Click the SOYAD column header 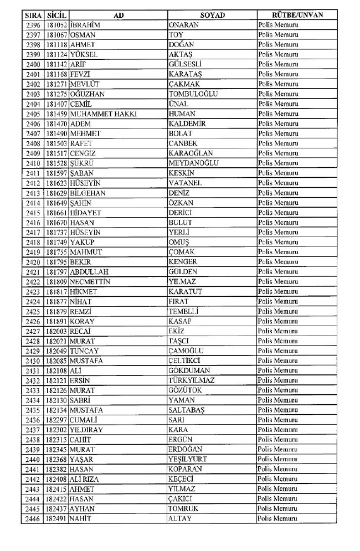click(212, 16)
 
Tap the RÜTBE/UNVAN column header click(298, 16)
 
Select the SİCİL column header click(56, 16)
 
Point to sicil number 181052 click(57, 25)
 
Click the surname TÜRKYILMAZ click(191, 380)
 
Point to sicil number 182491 click(57, 518)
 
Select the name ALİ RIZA click(86, 479)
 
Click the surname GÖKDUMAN click(189, 370)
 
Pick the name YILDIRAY click(86, 430)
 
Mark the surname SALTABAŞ click(188, 410)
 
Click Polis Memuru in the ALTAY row click(278, 518)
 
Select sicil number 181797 click(57, 271)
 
